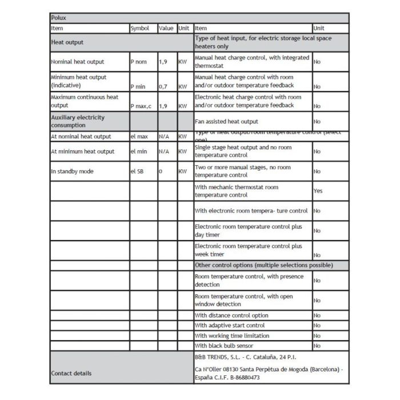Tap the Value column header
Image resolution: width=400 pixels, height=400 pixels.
click(x=166, y=28)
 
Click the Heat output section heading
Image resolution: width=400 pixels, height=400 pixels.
click(x=67, y=42)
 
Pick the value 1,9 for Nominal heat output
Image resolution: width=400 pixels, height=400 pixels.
click(x=163, y=61)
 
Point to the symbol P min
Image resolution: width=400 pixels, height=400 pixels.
click(x=138, y=86)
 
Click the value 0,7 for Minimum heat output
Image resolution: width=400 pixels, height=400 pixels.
click(x=163, y=86)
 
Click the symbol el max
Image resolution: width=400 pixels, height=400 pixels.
click(x=139, y=137)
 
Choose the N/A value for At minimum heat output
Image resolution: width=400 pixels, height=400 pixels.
click(x=163, y=151)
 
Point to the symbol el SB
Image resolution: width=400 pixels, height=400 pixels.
click(x=137, y=171)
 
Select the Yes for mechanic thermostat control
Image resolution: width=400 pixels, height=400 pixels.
click(x=318, y=191)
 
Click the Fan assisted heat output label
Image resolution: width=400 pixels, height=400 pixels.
click(x=226, y=121)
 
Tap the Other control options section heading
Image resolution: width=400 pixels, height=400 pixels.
click(x=263, y=265)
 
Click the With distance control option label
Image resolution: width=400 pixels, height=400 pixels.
click(x=231, y=315)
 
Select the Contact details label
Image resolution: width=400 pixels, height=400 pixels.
click(x=71, y=373)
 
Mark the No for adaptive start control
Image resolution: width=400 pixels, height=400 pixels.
click(x=317, y=326)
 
